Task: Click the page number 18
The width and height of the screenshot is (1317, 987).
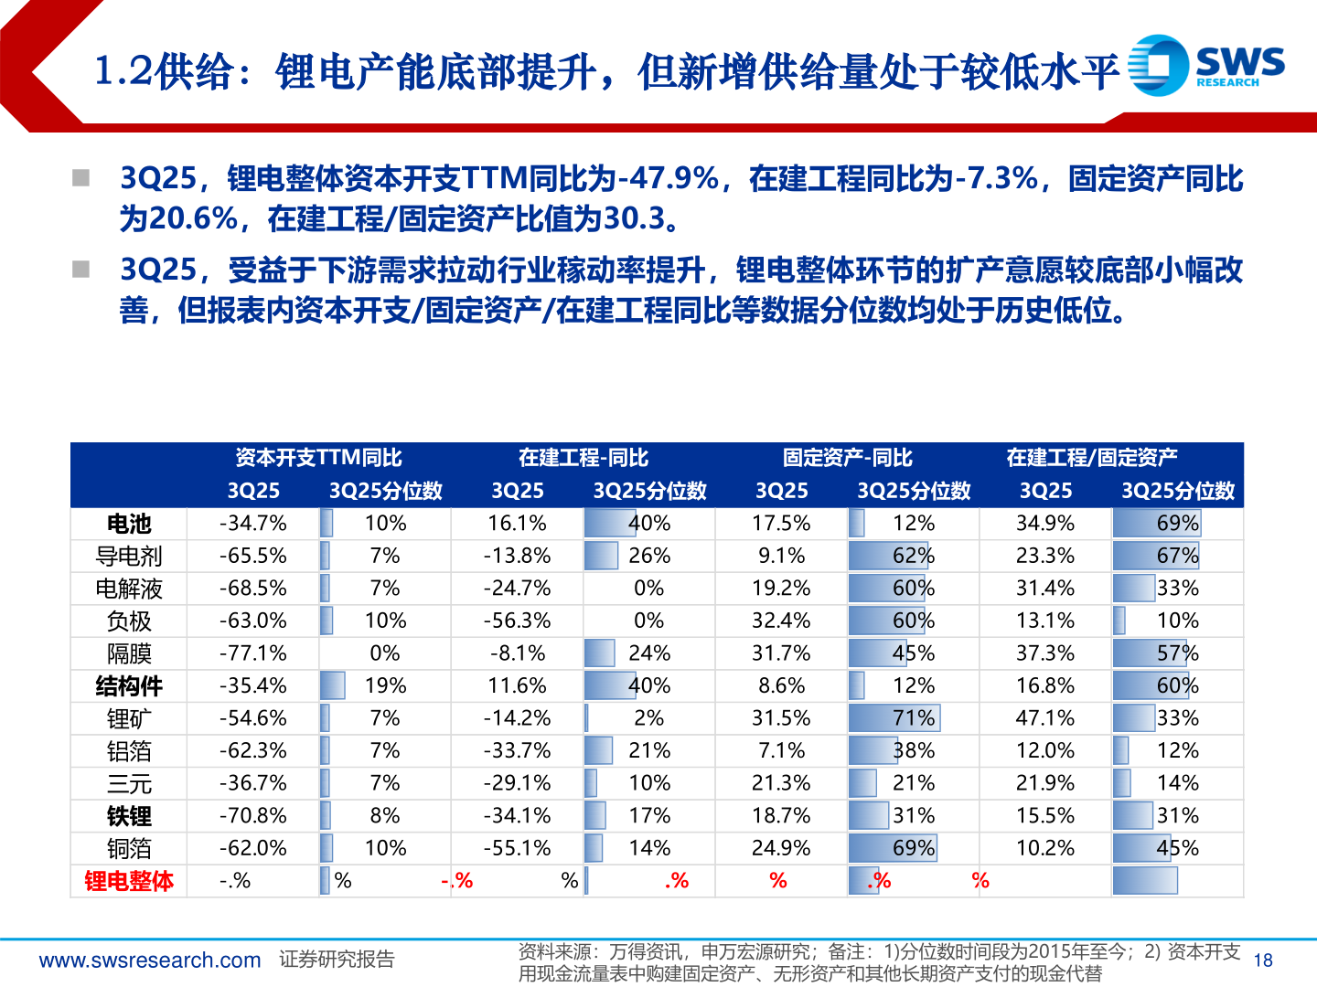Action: (x=1263, y=960)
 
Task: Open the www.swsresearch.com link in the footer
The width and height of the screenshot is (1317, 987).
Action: (x=150, y=960)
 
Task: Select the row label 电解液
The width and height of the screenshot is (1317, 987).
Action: (x=129, y=589)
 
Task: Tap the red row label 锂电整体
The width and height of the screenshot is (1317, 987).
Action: (x=129, y=881)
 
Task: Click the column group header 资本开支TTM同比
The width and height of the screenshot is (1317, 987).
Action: (x=318, y=458)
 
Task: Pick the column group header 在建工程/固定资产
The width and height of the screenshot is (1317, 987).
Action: (x=1091, y=458)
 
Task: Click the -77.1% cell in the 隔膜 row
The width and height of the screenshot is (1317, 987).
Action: (x=253, y=653)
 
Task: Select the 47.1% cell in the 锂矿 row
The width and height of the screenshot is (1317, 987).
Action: (x=1045, y=718)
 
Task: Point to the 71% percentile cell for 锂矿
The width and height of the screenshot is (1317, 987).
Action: (x=913, y=718)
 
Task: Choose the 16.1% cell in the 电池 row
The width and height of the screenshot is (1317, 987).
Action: (x=518, y=524)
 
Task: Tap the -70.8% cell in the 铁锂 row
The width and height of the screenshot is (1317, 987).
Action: (x=253, y=815)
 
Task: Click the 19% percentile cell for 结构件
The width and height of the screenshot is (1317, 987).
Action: (x=385, y=685)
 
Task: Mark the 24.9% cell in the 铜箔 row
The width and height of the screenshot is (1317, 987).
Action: (x=781, y=848)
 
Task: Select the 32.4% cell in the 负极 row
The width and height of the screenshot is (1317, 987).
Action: (x=781, y=621)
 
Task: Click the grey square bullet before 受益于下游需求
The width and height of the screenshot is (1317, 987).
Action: (x=81, y=270)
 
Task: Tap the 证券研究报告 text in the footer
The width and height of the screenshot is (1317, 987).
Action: (x=337, y=960)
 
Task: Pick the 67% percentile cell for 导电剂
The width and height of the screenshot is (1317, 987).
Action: (x=1177, y=556)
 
